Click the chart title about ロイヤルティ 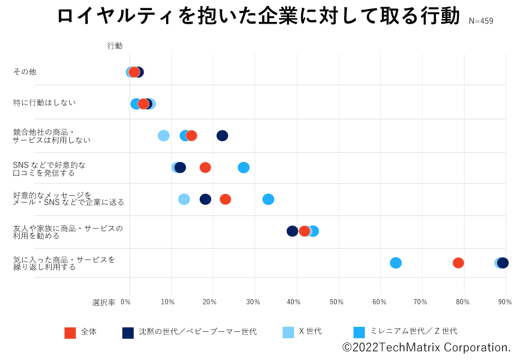pyautogui.click(x=258, y=17)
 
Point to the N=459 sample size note pyautogui.click(x=481, y=21)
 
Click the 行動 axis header pyautogui.click(x=115, y=46)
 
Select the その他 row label pyautogui.click(x=25, y=71)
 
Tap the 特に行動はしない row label pyautogui.click(x=44, y=102)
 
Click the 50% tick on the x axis pyautogui.click(x=337, y=302)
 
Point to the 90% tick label pyautogui.click(x=504, y=302)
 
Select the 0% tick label pyautogui.click(x=126, y=302)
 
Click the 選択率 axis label pyautogui.click(x=104, y=302)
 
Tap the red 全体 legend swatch pyautogui.click(x=70, y=332)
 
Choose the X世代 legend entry pyautogui.click(x=310, y=331)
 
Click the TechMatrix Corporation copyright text pyautogui.click(x=426, y=348)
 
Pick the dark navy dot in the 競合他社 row pyautogui.click(x=222, y=136)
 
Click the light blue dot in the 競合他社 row pyautogui.click(x=163, y=136)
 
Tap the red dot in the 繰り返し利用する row pyautogui.click(x=458, y=263)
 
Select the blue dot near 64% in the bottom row pyautogui.click(x=396, y=263)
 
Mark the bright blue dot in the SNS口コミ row pyautogui.click(x=243, y=168)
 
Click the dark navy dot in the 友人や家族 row pyautogui.click(x=292, y=231)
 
